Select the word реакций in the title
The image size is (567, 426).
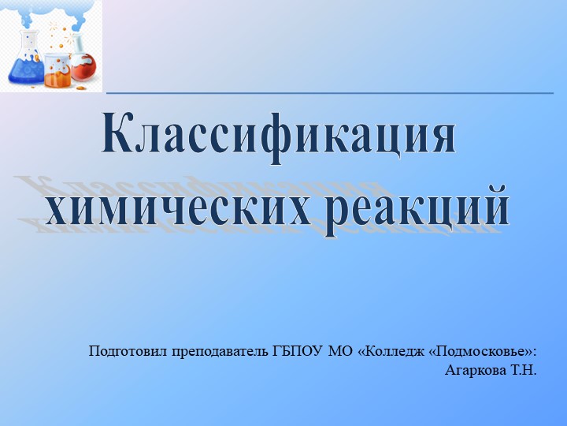tap(411, 206)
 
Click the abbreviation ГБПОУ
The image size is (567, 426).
tap(296, 350)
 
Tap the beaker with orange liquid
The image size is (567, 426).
tap(57, 69)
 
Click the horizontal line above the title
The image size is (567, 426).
tap(331, 93)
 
